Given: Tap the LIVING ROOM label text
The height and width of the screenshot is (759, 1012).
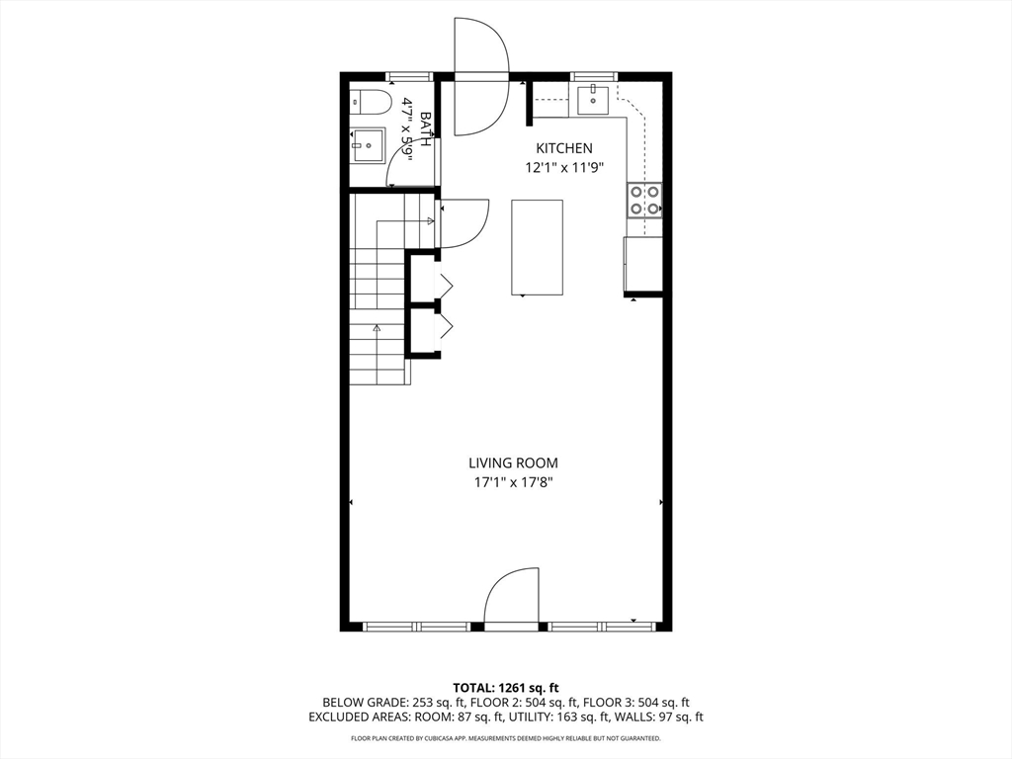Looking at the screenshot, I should click(x=513, y=463).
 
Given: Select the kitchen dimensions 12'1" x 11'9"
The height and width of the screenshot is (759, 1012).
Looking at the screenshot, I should click(x=564, y=168).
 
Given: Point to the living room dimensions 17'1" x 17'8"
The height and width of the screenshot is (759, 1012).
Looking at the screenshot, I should click(x=513, y=482).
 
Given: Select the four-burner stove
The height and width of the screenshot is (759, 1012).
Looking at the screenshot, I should click(x=644, y=200).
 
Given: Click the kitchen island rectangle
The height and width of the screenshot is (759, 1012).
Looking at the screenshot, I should click(x=537, y=247).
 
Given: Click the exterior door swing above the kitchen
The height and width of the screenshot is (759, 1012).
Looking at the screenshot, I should click(x=480, y=74).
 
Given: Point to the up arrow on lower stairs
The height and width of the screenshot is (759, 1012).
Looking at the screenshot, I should click(x=377, y=329).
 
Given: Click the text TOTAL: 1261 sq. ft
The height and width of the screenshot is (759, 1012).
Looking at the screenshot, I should click(x=506, y=687).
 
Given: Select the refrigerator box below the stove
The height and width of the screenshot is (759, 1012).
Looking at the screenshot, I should click(x=643, y=264).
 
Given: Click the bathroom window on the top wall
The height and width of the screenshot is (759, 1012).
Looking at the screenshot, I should click(x=408, y=75).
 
